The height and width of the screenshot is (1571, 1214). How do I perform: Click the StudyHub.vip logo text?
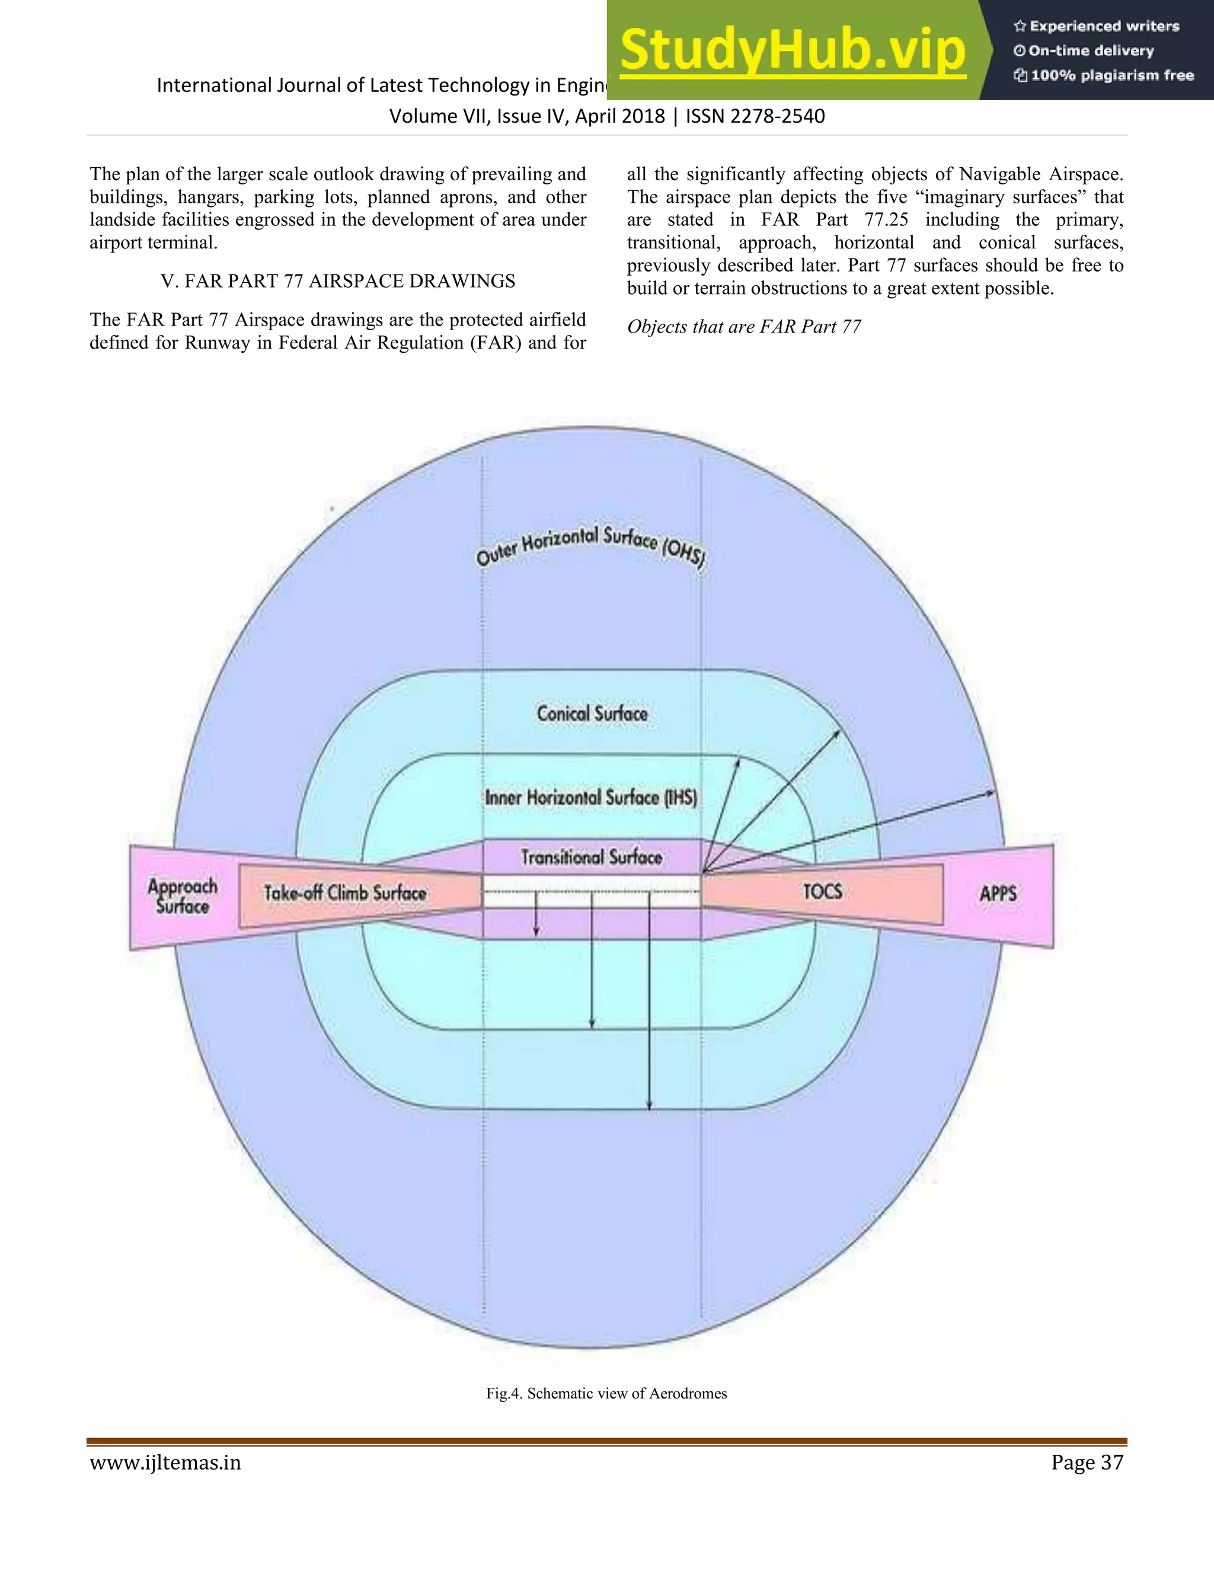coord(793,50)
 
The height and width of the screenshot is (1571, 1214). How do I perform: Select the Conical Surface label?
coord(592,714)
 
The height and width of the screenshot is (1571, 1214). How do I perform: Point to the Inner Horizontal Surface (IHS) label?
coord(590,798)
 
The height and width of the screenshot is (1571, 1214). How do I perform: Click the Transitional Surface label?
coord(591,857)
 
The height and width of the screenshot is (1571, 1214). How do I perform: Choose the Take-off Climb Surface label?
coord(345,893)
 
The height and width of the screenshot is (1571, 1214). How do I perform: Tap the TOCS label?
coord(822,892)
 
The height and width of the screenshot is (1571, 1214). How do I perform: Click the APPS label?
coord(998,893)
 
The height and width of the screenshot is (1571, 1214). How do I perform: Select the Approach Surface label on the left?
coord(183,896)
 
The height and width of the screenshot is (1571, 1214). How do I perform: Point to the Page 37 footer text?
coord(1087,1462)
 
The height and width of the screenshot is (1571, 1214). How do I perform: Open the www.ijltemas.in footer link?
coord(165,1463)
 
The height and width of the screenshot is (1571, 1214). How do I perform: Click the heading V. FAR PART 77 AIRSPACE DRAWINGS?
coord(338,281)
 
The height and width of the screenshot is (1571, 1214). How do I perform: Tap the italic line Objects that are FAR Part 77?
coord(744,327)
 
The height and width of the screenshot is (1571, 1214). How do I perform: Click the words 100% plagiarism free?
coord(1112,75)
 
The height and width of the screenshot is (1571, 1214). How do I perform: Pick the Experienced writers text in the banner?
coord(1104,27)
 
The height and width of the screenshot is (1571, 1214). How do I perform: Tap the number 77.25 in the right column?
coord(886,220)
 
